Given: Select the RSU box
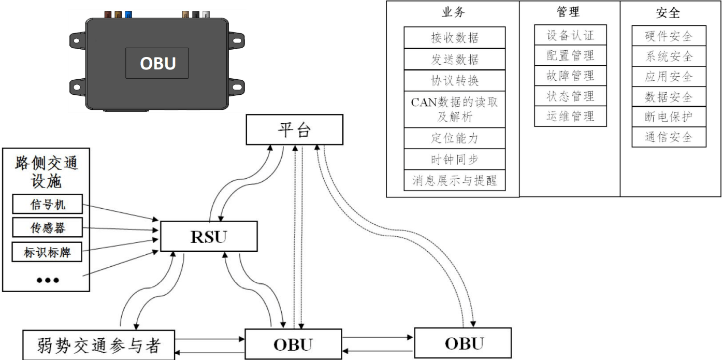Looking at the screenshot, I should pyautogui.click(x=209, y=237).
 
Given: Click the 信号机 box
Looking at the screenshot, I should pyautogui.click(x=47, y=206).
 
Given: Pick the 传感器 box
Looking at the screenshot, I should pyautogui.click(x=47, y=228).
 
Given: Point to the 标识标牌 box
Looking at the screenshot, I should pyautogui.click(x=47, y=252).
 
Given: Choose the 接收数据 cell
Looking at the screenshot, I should pyautogui.click(x=454, y=37).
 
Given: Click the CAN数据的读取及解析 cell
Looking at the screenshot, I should pyautogui.click(x=454, y=109).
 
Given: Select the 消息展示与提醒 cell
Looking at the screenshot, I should pyautogui.click(x=454, y=181).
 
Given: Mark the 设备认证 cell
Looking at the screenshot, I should pyautogui.click(x=570, y=35).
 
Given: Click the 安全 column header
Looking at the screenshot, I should pyautogui.click(x=669, y=12).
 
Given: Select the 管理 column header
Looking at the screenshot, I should pyautogui.click(x=570, y=11).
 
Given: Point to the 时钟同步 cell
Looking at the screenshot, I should pyautogui.click(x=454, y=159).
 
